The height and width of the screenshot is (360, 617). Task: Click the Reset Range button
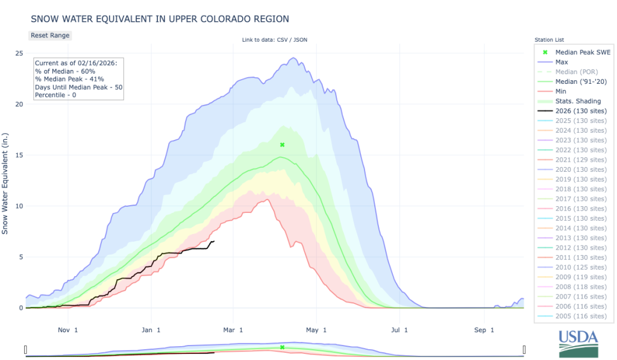[x=50, y=36]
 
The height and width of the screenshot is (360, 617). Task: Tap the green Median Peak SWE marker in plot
[x=281, y=145]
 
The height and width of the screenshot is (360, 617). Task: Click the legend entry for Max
[x=561, y=62]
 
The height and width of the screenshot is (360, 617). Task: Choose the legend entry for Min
[x=560, y=91]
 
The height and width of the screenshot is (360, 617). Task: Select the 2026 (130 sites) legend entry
[x=581, y=110]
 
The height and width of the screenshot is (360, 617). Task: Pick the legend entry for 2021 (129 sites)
[x=581, y=160]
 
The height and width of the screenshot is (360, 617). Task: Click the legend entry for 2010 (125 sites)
[x=581, y=268]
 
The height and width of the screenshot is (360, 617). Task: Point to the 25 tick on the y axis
[x=19, y=53]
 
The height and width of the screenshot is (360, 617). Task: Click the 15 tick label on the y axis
[x=19, y=155]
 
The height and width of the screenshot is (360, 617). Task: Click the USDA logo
[x=578, y=343]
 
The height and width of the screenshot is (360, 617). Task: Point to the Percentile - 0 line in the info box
[x=57, y=95]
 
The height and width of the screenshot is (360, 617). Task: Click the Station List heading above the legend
[x=549, y=40]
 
